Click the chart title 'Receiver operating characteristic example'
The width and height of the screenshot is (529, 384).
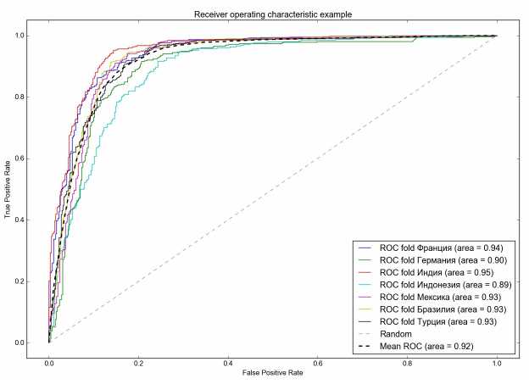272,13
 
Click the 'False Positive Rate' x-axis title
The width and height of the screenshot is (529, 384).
272,375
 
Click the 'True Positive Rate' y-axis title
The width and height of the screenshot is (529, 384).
9,189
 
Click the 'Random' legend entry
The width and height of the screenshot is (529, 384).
395,334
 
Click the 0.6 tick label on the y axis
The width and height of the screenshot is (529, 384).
31,159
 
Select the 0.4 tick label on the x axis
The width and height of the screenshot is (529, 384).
228,360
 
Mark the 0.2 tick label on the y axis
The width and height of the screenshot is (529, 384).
31,281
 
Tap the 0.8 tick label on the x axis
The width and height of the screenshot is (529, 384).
407,360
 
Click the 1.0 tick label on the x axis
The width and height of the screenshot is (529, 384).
497,360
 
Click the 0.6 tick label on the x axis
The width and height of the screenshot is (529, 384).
318,360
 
